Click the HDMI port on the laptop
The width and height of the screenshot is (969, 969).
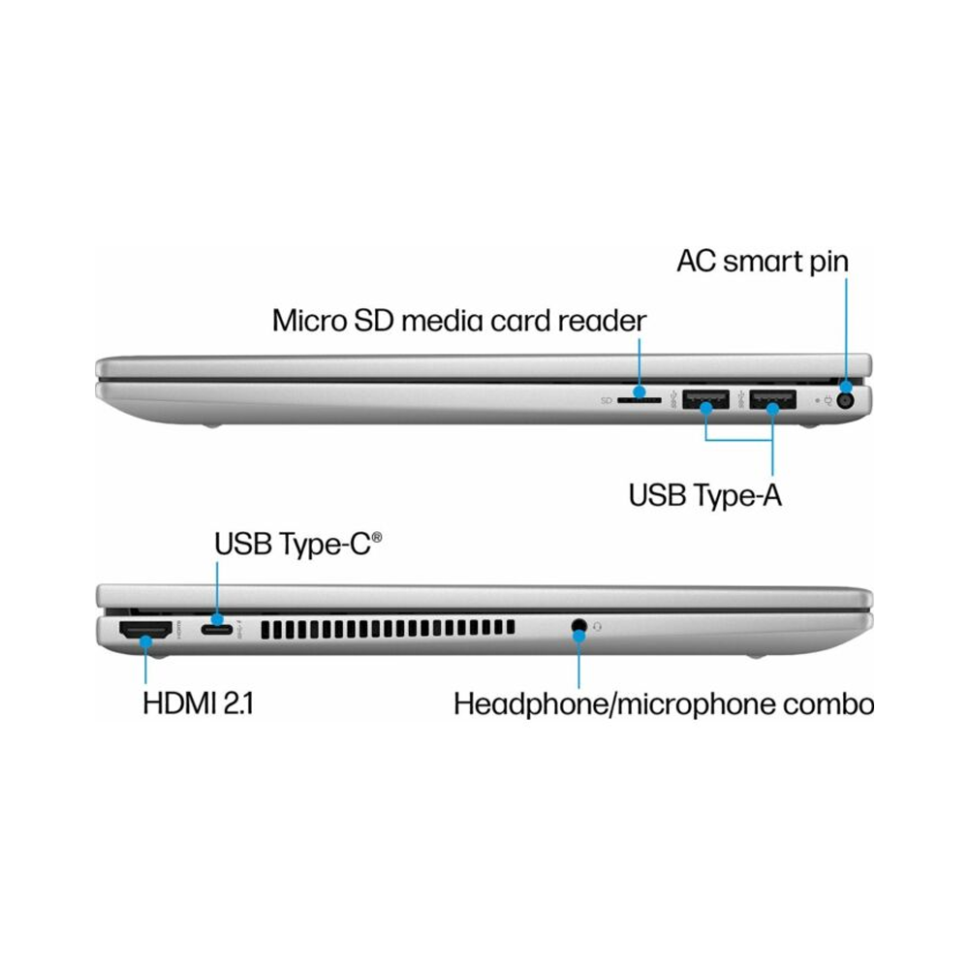145,630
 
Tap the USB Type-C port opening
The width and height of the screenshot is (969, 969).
217,630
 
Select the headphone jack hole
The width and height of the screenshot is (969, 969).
578,625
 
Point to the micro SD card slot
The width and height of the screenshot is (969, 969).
639,400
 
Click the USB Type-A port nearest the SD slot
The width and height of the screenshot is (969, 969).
705,399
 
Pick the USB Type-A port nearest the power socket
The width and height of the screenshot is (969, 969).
772,399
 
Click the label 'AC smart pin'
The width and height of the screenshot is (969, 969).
763,262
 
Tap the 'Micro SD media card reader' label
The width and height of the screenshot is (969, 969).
459,321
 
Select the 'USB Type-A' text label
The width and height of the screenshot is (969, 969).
705,495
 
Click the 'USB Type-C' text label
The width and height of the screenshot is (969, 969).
293,544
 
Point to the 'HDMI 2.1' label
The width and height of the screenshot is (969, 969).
198,703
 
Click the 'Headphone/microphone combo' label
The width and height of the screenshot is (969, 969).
664,704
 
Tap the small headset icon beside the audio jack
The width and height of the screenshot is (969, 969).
597,627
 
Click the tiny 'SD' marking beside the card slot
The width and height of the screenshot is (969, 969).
607,401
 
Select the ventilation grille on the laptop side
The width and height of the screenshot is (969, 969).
388,629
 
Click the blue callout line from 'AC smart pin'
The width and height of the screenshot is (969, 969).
846,330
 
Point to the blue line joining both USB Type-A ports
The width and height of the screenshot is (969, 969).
739,439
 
